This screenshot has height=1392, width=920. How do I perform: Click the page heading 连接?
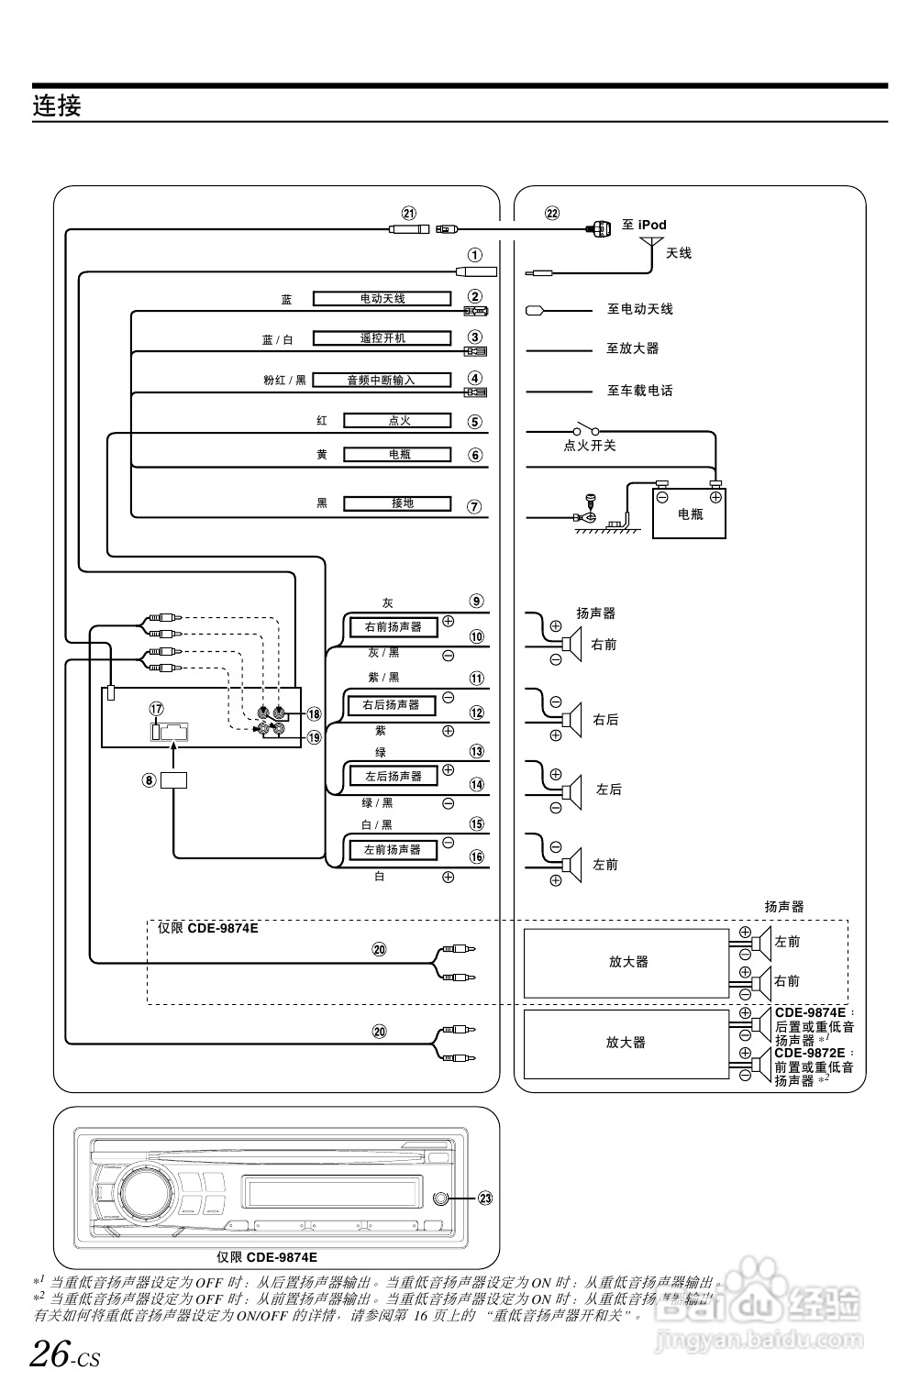(x=57, y=105)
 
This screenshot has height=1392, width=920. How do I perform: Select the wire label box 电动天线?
(x=382, y=298)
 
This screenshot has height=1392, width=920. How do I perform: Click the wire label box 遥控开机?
(x=382, y=337)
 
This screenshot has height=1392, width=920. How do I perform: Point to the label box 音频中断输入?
(x=382, y=380)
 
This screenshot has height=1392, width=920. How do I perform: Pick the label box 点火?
(x=398, y=420)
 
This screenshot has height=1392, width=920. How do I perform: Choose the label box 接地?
(x=398, y=503)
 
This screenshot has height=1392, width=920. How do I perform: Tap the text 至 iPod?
(x=644, y=225)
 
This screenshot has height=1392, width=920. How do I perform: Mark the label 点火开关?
(x=589, y=446)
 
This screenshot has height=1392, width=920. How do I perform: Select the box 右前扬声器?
(x=393, y=627)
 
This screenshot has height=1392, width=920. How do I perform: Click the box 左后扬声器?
(x=393, y=776)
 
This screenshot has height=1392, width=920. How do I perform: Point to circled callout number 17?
(x=157, y=709)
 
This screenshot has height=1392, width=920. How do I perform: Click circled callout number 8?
(x=149, y=780)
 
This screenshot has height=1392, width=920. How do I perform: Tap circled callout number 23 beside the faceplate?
(x=485, y=1198)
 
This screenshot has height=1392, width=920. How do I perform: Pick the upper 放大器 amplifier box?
(x=627, y=962)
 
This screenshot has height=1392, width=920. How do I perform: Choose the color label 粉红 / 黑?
(x=284, y=380)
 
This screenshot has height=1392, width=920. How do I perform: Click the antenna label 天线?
(x=679, y=253)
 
